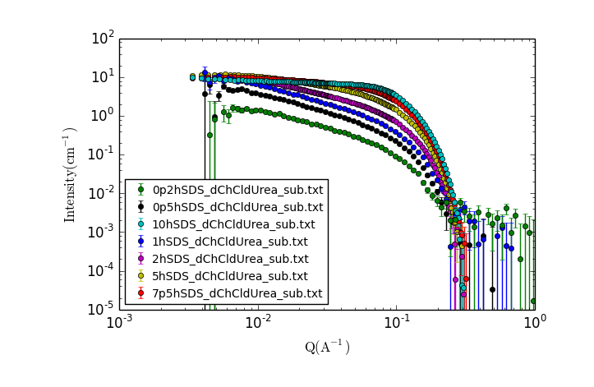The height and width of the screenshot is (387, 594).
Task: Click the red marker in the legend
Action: (140, 293)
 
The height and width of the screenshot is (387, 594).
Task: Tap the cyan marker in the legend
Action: (140, 224)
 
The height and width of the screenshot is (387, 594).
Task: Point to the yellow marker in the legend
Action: (140, 276)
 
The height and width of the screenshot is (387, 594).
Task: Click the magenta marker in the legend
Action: (140, 259)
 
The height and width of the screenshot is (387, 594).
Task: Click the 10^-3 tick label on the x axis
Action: (120, 322)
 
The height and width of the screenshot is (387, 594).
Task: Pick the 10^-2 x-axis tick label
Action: (258, 322)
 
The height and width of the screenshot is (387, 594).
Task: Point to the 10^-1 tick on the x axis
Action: (396, 322)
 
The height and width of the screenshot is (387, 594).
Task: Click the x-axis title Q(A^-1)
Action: (327, 348)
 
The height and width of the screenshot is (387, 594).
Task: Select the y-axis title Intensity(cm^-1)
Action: (71, 174)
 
